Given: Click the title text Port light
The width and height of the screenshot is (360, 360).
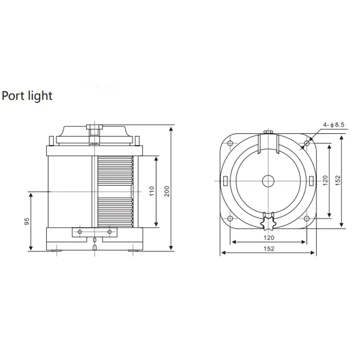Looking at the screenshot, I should pyautogui.click(x=27, y=95).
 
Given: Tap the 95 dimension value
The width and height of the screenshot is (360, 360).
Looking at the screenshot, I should pyautogui.click(x=27, y=221).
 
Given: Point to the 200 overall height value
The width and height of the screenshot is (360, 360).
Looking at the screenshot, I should pyautogui.click(x=166, y=191).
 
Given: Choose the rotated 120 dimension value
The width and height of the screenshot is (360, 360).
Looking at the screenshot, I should pyautogui.click(x=326, y=181).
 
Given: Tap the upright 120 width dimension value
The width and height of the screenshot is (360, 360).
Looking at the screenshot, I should pyautogui.click(x=268, y=237).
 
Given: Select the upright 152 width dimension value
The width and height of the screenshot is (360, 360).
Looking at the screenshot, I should pyautogui.click(x=268, y=248).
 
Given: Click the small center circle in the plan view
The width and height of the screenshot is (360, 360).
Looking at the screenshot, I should pyautogui.click(x=269, y=181).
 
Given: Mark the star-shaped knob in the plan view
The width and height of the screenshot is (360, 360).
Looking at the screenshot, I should pyautogui.click(x=269, y=221).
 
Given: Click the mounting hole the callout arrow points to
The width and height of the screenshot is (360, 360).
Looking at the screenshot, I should pyautogui.click(x=306, y=144).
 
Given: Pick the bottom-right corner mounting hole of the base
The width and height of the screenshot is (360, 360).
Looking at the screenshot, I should pyautogui.click(x=306, y=219).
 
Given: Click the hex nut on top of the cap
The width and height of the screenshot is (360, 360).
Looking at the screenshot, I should pyautogui.click(x=94, y=132).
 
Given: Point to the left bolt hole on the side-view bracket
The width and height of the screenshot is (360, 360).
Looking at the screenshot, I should pyautogui.click(x=80, y=231).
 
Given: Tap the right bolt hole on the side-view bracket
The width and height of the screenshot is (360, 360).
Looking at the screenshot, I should pyautogui.click(x=109, y=231).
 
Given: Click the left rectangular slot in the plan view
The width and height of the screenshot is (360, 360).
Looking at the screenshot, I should pyautogui.click(x=225, y=181).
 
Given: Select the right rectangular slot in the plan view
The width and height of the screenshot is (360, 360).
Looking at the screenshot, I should pyautogui.click(x=311, y=181).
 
